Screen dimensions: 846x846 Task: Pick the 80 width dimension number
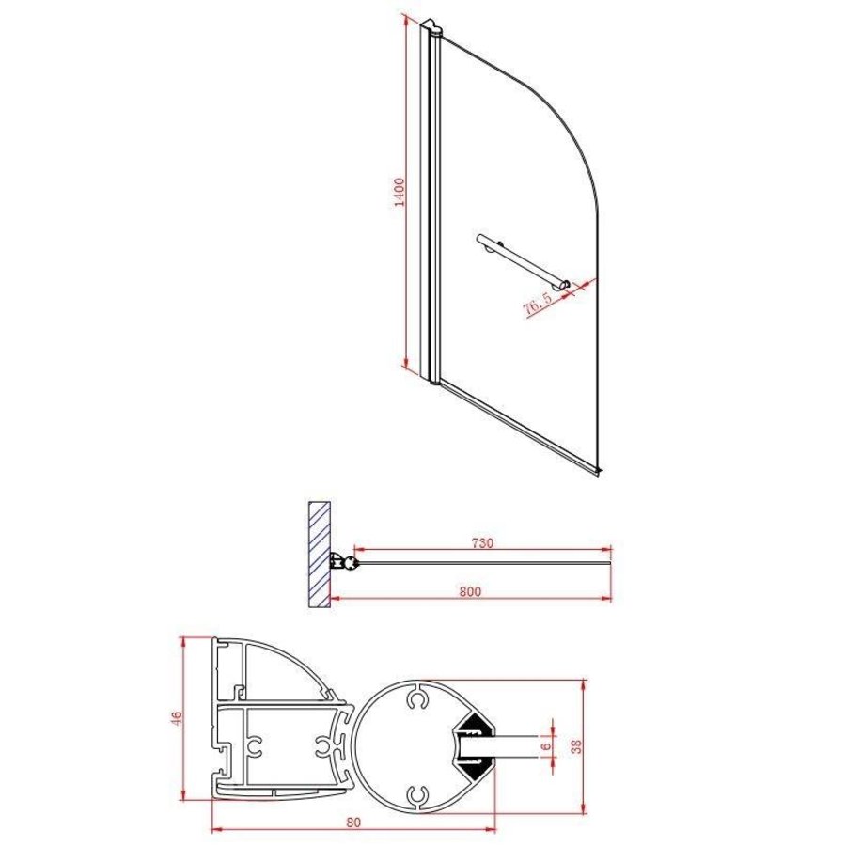[x=353, y=822]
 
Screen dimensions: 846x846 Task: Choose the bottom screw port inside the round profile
[x=416, y=795]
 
